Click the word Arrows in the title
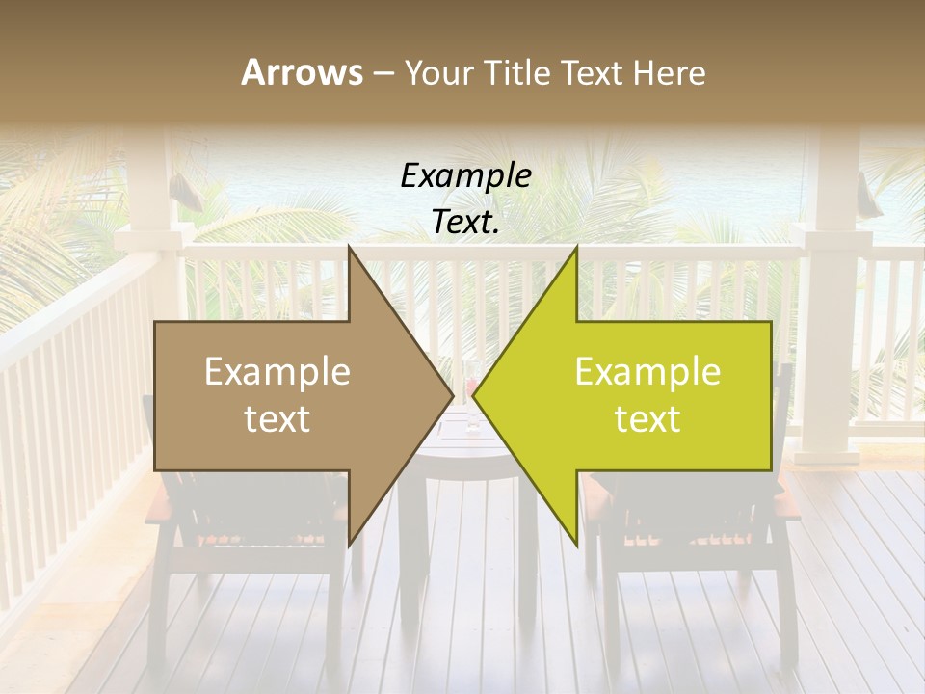302,72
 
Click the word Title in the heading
518,72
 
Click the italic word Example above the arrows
465,176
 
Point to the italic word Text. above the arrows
465,223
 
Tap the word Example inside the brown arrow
277,372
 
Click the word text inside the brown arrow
277,419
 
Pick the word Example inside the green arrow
647,372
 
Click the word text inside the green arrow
647,419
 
